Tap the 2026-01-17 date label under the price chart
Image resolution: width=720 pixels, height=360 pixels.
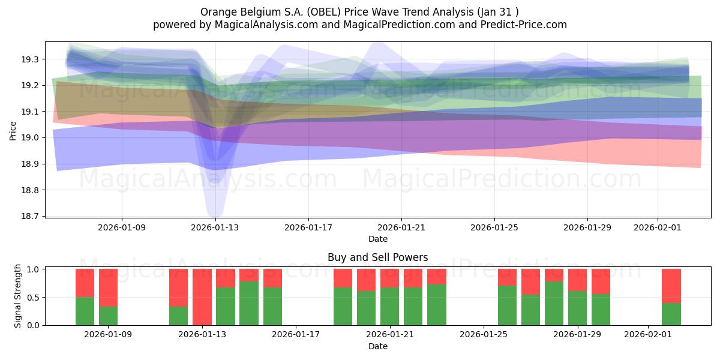point(308,228)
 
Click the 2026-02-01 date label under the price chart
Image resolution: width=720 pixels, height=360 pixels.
point(657,228)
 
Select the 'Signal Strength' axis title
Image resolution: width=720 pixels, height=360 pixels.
point(18,296)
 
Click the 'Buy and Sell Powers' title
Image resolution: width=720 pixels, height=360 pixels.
point(377,257)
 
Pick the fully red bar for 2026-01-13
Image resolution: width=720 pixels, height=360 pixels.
point(202,297)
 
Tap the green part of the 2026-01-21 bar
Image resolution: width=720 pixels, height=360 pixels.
point(389,306)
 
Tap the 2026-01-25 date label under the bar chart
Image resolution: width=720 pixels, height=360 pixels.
point(483,335)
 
